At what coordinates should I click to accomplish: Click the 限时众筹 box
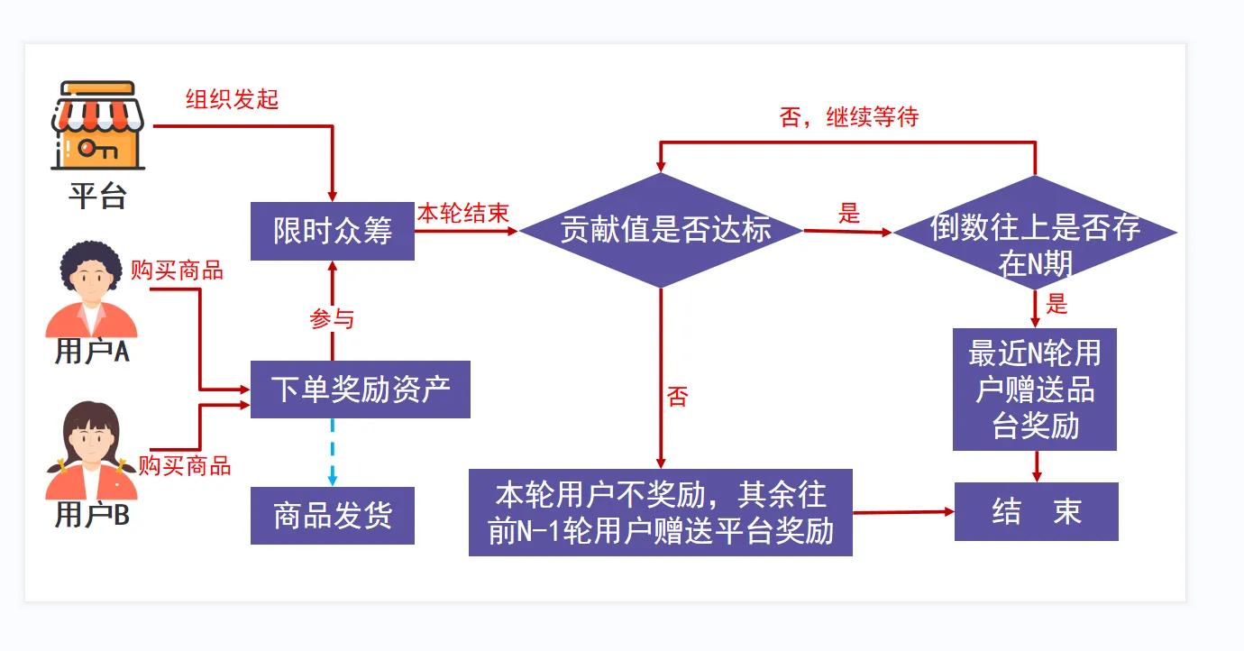(332, 231)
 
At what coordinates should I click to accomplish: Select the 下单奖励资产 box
(361, 390)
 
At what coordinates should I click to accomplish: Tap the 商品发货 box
(332, 516)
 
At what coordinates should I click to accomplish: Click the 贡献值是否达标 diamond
(661, 231)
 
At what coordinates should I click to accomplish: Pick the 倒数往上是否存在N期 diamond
(1035, 233)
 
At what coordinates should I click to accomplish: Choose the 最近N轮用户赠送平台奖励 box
(1035, 390)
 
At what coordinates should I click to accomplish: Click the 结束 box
(1037, 511)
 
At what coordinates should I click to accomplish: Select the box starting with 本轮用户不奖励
(661, 513)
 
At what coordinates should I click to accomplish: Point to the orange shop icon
(97, 125)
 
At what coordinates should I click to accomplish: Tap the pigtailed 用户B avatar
(91, 451)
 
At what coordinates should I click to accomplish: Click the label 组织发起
(233, 99)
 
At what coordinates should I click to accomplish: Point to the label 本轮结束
(463, 214)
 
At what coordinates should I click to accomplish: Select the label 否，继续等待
(849, 117)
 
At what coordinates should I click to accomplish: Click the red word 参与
(332, 319)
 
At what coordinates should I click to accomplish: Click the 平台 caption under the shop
(97, 196)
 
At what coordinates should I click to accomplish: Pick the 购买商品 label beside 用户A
(178, 270)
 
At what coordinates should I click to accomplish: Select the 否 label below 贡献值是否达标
(678, 397)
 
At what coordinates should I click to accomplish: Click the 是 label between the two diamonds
(849, 214)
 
